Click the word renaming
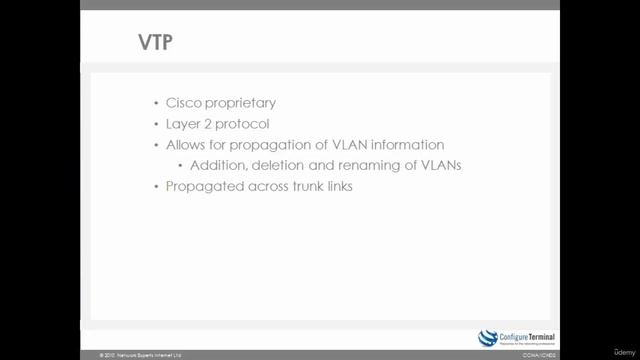[x=358, y=165]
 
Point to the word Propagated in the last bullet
[x=204, y=186]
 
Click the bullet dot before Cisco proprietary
[x=157, y=104]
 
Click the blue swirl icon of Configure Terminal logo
[x=488, y=336]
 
